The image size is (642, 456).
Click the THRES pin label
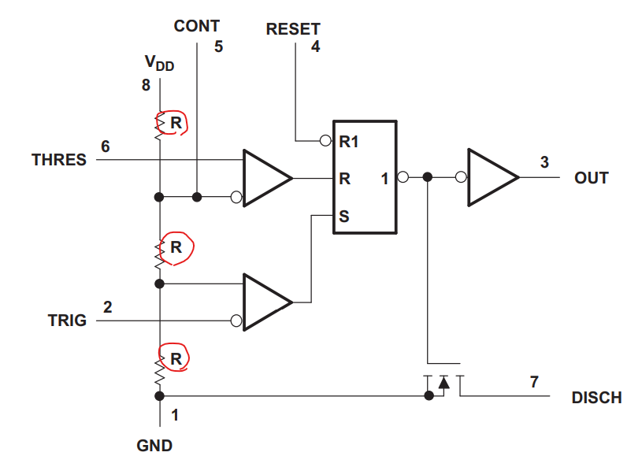pyautogui.click(x=59, y=160)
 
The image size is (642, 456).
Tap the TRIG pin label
pyautogui.click(x=68, y=321)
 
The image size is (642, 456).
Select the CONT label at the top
pyautogui.click(x=197, y=26)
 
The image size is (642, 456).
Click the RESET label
pyautogui.click(x=293, y=30)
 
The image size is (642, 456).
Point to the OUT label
pyautogui.click(x=592, y=178)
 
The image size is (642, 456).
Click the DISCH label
pyautogui.click(x=596, y=398)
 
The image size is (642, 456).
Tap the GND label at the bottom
pyautogui.click(x=154, y=445)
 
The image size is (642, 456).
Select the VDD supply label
pyautogui.click(x=159, y=64)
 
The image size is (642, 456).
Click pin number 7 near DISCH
pyautogui.click(x=534, y=383)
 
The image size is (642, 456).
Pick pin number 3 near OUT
pyautogui.click(x=544, y=162)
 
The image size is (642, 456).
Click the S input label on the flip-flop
pyautogui.click(x=343, y=214)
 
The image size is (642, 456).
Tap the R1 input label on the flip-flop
pyautogui.click(x=349, y=142)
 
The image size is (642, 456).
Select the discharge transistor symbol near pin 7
pyautogui.click(x=442, y=383)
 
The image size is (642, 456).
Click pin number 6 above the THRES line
pyautogui.click(x=106, y=146)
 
